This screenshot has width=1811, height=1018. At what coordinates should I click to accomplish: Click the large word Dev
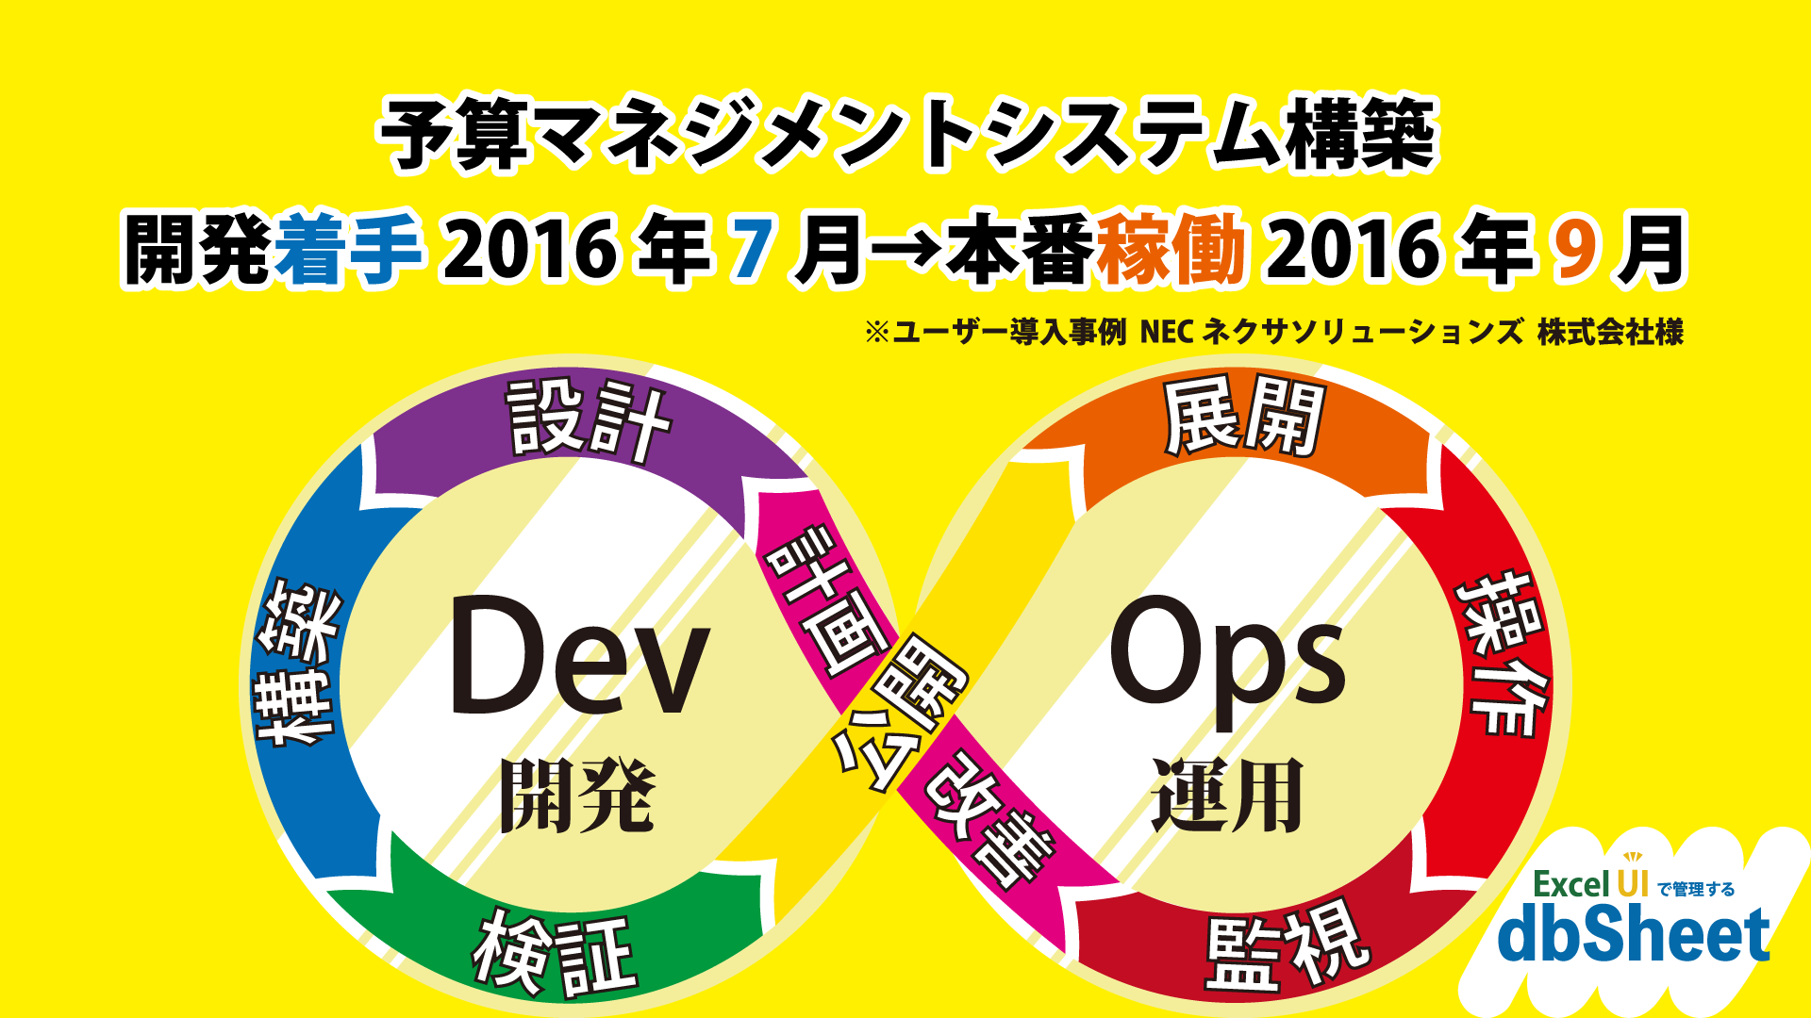(x=579, y=656)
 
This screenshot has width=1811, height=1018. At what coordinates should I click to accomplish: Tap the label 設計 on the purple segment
(x=589, y=421)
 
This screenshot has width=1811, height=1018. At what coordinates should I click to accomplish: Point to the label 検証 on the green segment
(x=555, y=954)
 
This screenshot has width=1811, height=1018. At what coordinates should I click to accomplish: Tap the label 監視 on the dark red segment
(x=1286, y=947)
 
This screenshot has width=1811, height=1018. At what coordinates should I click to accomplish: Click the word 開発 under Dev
(x=577, y=796)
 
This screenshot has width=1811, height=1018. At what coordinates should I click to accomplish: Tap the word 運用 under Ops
(x=1227, y=796)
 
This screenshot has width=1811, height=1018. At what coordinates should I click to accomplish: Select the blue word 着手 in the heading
(x=348, y=250)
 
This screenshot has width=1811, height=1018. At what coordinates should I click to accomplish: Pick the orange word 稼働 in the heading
(x=1171, y=250)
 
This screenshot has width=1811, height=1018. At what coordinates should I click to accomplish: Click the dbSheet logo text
(x=1634, y=935)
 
